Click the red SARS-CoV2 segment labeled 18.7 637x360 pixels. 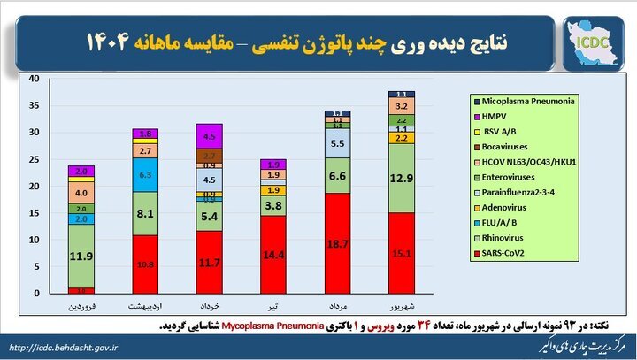337,243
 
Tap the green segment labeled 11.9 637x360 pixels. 81,257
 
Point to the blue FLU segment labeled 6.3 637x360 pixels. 145,176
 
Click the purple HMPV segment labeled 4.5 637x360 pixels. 209,136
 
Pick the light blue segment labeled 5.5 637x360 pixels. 337,142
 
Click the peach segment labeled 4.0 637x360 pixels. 81,193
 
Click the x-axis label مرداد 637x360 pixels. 337,307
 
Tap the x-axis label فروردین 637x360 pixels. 81,307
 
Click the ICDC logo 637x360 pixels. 588,41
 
